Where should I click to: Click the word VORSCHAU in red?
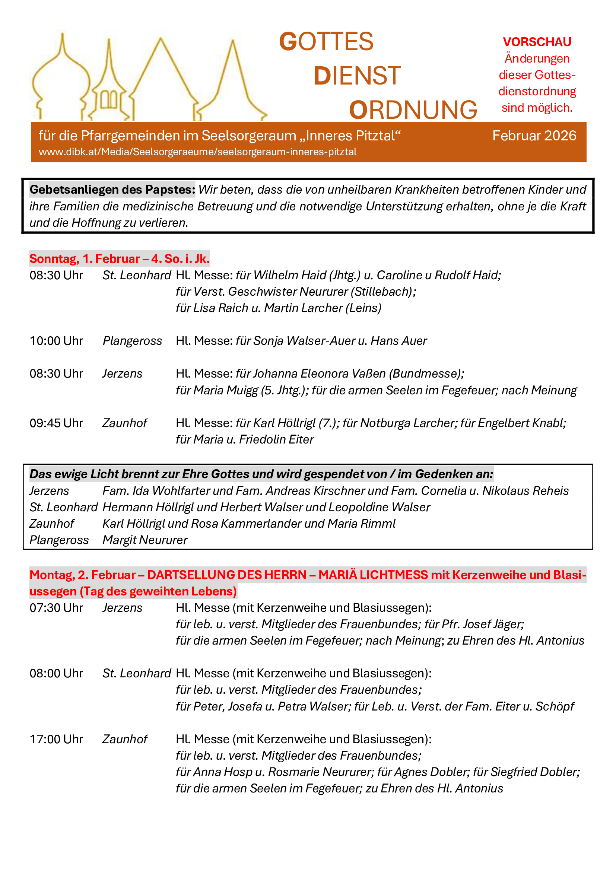coord(537,42)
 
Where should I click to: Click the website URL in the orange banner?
coord(197,152)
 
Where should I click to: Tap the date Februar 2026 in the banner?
coord(534,136)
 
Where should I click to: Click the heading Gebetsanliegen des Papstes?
coord(112,189)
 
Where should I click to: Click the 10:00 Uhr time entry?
coord(56,341)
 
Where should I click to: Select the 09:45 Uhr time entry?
coord(56,423)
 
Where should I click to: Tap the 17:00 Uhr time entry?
coord(56,739)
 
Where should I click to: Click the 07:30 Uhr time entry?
coord(56,607)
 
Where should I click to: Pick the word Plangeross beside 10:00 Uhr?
coord(132,341)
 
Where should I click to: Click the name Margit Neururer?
coord(145,540)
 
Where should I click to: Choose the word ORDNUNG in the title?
coord(413,110)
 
